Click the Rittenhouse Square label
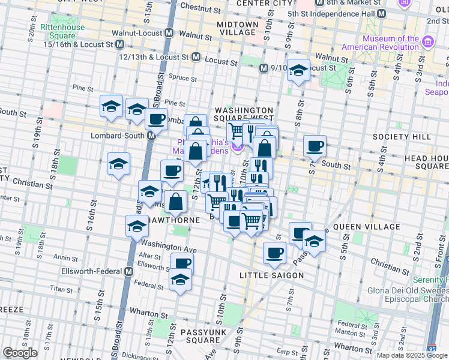(x=58, y=31)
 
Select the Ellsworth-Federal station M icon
(x=128, y=271)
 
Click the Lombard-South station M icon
(x=152, y=136)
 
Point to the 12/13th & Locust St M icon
(x=196, y=57)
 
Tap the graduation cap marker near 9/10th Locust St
(x=298, y=71)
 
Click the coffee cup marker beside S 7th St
(x=315, y=145)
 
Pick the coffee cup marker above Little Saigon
(x=274, y=253)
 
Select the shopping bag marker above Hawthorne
(x=176, y=202)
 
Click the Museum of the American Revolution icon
(x=428, y=41)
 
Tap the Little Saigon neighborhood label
(x=271, y=275)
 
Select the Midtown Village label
(x=238, y=28)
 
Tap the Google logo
(x=20, y=353)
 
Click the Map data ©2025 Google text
(x=412, y=355)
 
